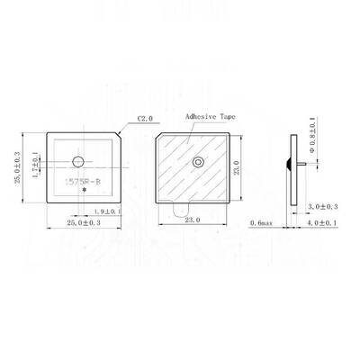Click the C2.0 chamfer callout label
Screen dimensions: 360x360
coord(147,118)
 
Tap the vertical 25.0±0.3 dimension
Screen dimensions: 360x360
coord(18,168)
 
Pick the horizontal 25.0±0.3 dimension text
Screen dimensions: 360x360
coord(84,220)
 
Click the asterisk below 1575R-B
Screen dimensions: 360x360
coord(84,192)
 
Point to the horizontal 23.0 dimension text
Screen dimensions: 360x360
coord(192,220)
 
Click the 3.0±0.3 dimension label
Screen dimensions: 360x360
coord(321,206)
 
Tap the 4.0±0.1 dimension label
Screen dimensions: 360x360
coord(321,221)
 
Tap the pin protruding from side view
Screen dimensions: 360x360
coord(302,164)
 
